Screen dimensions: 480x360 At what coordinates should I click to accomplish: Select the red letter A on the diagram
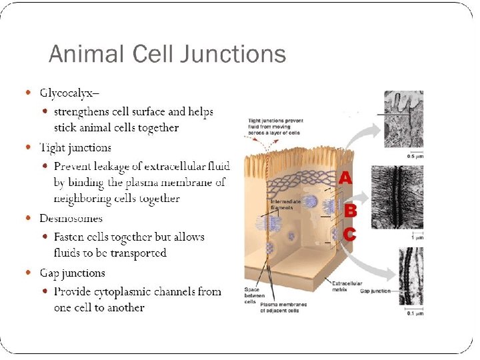[x=345, y=178]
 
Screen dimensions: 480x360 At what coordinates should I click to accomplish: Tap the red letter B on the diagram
[x=349, y=211]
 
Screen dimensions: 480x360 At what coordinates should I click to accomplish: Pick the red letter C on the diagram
[x=349, y=235]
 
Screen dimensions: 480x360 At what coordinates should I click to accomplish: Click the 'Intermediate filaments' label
[x=285, y=204]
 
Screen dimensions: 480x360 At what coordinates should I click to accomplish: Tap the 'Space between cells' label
[x=252, y=296]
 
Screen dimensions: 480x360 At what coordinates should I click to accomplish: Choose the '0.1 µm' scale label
[x=414, y=314]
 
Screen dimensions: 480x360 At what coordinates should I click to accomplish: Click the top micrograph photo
[x=403, y=121]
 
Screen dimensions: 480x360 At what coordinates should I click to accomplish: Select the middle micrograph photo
[x=403, y=198]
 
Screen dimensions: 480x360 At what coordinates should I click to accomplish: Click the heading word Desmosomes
[x=71, y=218]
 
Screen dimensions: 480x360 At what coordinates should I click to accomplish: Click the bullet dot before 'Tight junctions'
[x=27, y=147]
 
